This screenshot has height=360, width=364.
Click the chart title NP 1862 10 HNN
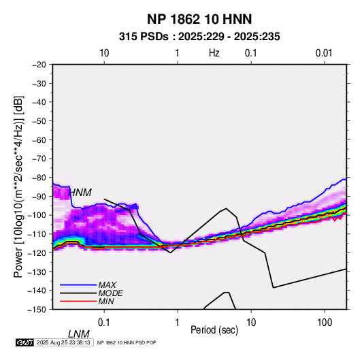click(199, 19)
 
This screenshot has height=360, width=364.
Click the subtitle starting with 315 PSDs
click(199, 37)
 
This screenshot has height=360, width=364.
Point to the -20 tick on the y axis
click(39, 65)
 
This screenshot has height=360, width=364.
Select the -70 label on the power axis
click(39, 159)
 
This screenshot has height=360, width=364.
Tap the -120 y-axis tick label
click(37, 253)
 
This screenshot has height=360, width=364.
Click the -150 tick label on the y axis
click(37, 310)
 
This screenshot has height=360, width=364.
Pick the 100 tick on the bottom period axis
click(325, 323)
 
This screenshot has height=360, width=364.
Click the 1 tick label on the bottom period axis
click(178, 323)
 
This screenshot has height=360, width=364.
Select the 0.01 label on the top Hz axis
click(324, 53)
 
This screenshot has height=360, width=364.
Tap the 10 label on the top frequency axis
click(104, 53)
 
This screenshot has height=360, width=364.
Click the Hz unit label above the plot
click(214, 53)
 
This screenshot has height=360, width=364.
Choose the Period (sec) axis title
click(214, 330)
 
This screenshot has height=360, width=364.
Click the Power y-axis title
click(18, 187)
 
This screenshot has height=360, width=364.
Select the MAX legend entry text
click(107, 285)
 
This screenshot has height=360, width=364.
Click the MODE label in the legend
click(110, 293)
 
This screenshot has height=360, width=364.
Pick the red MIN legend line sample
click(78, 301)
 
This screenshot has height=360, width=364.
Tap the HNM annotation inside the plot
click(80, 193)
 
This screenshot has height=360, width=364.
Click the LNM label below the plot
click(78, 334)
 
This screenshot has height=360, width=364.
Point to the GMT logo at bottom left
click(24, 342)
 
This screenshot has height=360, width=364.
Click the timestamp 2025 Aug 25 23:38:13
click(63, 342)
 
